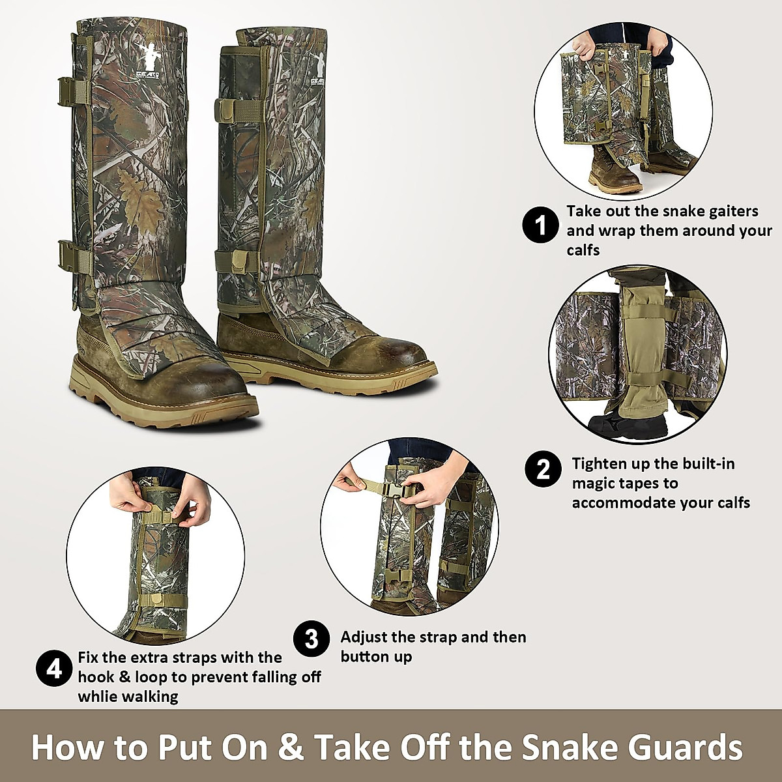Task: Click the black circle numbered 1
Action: coord(541,225)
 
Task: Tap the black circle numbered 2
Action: coord(543,469)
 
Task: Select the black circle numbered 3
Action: coord(311,639)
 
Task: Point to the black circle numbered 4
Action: coord(54,669)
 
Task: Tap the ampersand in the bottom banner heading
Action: coord(290,747)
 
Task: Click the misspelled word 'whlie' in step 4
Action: coord(99,697)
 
